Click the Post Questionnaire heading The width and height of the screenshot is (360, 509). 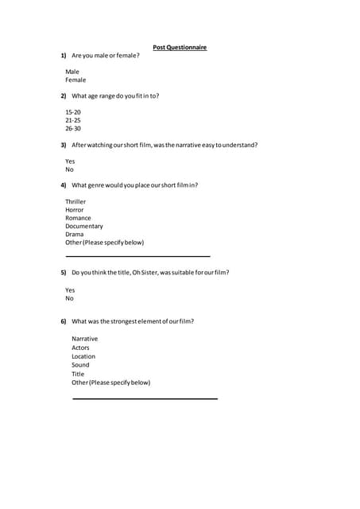180,48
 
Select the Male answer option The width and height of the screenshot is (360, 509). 72,72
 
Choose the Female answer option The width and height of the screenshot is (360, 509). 75,80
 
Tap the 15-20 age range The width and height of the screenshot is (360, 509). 73,112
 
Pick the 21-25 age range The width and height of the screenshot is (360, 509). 73,120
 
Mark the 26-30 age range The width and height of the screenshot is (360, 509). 73,129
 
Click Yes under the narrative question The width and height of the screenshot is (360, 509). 70,161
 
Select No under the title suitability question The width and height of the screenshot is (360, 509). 69,299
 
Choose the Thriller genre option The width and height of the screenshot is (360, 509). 75,202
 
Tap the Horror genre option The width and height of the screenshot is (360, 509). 75,210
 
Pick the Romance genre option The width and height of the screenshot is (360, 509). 78,218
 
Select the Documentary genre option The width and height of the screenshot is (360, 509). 84,227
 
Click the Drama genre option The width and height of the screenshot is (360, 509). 75,235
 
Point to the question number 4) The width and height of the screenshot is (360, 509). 64,185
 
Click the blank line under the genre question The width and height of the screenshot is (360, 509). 137,256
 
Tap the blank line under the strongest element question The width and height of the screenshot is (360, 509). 145,398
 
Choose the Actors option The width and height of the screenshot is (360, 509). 80,348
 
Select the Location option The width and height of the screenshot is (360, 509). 83,356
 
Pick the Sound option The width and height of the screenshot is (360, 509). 80,365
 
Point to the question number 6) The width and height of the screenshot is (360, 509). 64,321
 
